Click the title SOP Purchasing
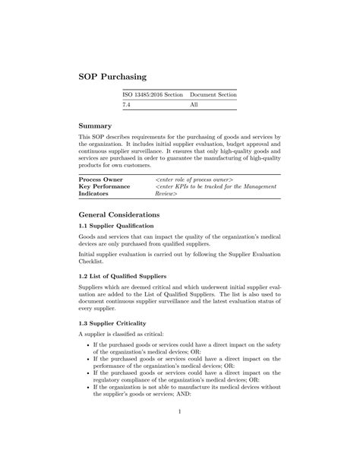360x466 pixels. click(113, 77)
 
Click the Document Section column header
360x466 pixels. click(213, 94)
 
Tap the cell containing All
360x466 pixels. click(194, 105)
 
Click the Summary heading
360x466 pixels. click(96, 125)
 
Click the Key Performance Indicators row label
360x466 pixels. click(104, 189)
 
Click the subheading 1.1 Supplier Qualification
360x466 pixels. click(116, 227)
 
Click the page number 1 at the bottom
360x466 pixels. click(180, 413)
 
